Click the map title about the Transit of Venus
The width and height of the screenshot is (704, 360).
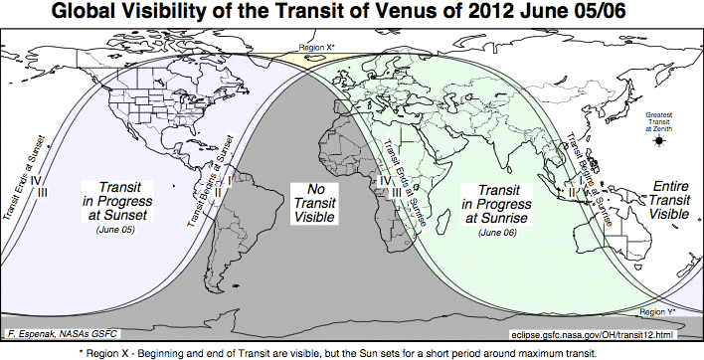click(x=351, y=14)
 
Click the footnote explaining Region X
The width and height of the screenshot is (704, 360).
click(x=351, y=352)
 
